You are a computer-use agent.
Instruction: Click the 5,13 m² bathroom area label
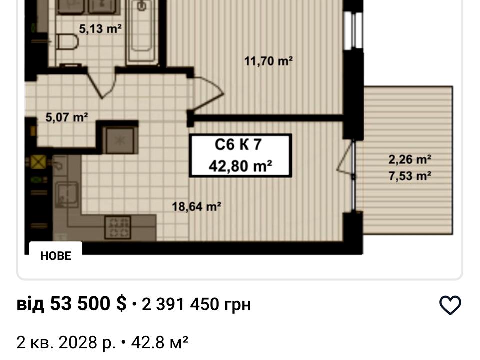coord(100,29)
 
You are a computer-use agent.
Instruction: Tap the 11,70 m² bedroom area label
coord(268,61)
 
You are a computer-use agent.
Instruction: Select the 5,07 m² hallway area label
coord(66,117)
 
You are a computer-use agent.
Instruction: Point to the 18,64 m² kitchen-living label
coord(196,206)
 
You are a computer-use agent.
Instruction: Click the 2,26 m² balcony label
coord(410,159)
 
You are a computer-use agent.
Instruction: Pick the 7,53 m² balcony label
coord(410,176)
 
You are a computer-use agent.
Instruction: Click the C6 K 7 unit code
coord(238,144)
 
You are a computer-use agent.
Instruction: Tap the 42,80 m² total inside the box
coord(240,166)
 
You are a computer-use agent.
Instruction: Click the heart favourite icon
coord(450,305)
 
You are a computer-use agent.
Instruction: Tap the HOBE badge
coord(56,256)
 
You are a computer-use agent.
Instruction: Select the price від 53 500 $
coord(71,303)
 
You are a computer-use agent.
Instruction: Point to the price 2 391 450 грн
coord(196,304)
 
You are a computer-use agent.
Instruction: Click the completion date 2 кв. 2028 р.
coord(66,342)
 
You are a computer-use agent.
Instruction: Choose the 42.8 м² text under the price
coord(160,342)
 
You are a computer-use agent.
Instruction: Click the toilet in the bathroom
coord(67,42)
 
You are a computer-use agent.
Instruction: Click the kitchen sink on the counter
coord(66,194)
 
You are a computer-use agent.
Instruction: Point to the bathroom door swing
coord(101,83)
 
